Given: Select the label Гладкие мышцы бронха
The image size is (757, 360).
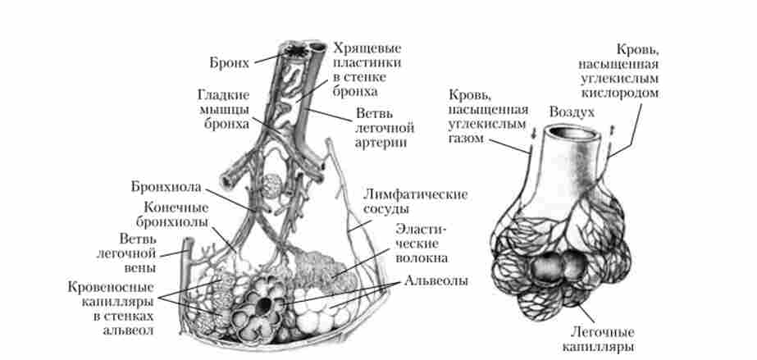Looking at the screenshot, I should click(217, 107).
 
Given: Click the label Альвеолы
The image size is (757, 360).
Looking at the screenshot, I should click(436, 280).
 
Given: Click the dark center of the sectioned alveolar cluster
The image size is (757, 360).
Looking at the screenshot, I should click(264, 305).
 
